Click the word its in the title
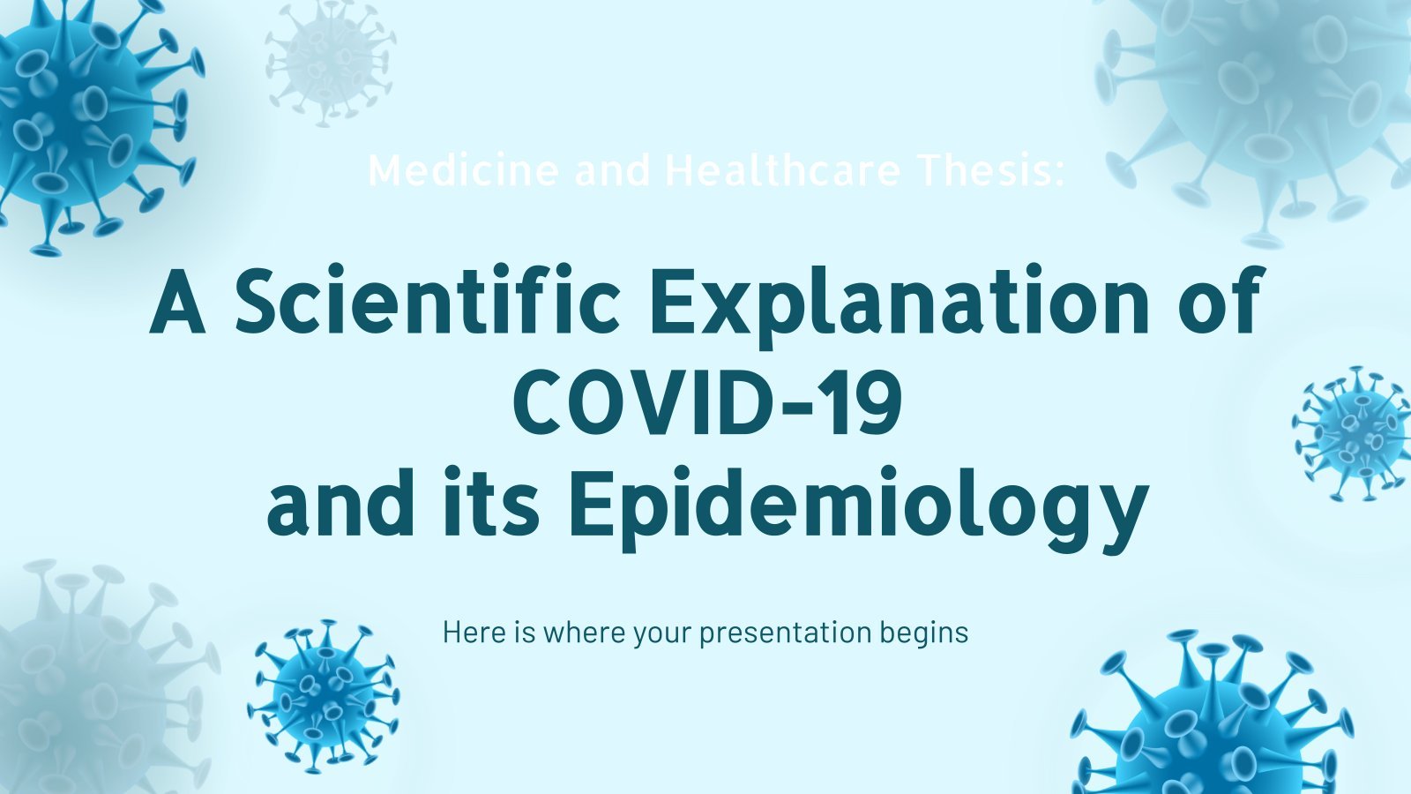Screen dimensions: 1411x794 [x=490, y=502]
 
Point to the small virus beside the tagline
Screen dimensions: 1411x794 [x=324, y=696]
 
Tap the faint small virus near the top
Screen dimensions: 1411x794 [x=330, y=63]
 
